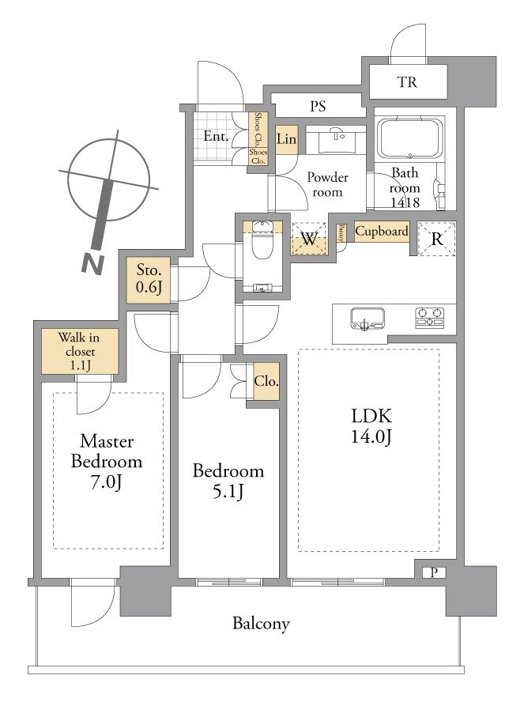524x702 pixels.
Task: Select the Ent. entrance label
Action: pyautogui.click(x=216, y=136)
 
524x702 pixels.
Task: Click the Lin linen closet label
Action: pyautogui.click(x=286, y=140)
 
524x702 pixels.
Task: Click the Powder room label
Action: pyautogui.click(x=327, y=184)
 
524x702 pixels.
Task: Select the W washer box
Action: pyautogui.click(x=309, y=239)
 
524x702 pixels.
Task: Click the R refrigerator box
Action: pyautogui.click(x=436, y=240)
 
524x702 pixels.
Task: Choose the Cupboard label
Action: pyautogui.click(x=382, y=232)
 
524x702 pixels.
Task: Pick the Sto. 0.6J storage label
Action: pyautogui.click(x=148, y=280)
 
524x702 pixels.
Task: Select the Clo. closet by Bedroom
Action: pyautogui.click(x=266, y=382)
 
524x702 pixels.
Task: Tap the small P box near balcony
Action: pyautogui.click(x=434, y=573)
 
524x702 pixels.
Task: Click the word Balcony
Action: pyautogui.click(x=261, y=624)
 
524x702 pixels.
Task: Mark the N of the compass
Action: pyautogui.click(x=93, y=263)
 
